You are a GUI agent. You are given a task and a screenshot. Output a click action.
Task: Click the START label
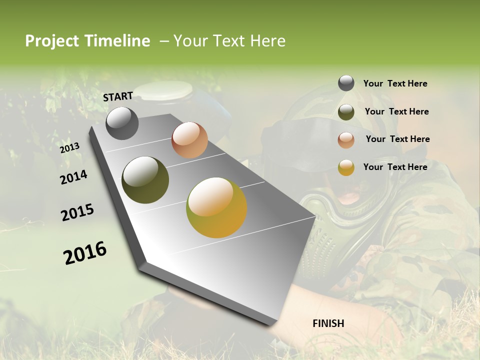click(118, 96)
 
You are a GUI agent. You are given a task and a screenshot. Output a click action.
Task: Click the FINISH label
click(328, 323)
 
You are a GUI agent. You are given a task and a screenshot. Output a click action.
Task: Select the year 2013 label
click(70, 147)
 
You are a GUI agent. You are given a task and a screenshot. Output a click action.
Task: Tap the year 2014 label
click(74, 177)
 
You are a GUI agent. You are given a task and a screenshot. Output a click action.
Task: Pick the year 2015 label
click(77, 212)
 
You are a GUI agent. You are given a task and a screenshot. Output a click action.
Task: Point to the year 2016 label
click(85, 253)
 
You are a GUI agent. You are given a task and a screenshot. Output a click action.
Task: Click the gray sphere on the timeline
click(122, 123)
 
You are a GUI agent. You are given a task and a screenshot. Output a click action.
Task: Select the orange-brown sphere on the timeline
click(189, 140)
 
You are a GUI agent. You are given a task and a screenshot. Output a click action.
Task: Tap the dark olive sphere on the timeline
click(145, 179)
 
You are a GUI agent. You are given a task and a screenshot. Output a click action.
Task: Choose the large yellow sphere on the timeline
click(216, 207)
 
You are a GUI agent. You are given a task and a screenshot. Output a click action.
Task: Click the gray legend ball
click(346, 83)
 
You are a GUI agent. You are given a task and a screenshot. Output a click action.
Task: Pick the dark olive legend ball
click(346, 112)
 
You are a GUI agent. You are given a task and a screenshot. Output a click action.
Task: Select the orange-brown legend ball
click(346, 140)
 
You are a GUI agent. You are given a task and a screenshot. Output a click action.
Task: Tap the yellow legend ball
click(346, 167)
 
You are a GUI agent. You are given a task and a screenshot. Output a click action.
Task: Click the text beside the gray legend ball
click(395, 83)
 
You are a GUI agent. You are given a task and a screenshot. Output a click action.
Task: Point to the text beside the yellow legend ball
click(395, 167)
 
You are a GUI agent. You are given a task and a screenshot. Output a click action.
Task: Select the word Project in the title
click(52, 41)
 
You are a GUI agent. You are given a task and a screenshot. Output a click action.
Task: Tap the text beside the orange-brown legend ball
click(397, 139)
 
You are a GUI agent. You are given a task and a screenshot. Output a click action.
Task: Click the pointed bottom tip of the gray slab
click(273, 325)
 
